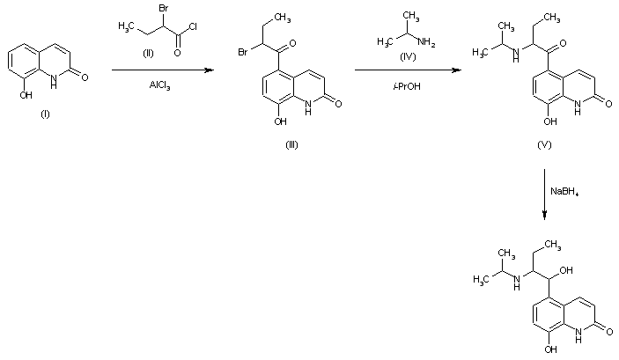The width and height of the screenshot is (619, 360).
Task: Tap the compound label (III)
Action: [x=291, y=145]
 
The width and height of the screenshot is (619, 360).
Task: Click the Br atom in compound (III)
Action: [x=242, y=52]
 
